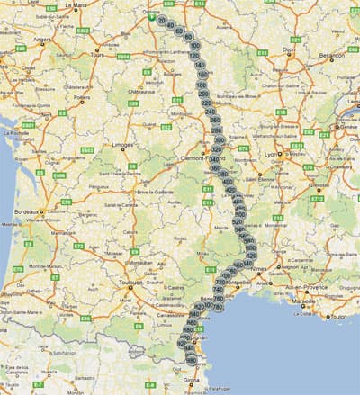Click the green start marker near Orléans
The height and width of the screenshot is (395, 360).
[x=150, y=14]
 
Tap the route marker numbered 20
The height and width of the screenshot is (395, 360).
[x=161, y=20]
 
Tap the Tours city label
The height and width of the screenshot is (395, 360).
[x=98, y=55]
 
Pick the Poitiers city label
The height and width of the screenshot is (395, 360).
[x=86, y=98]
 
